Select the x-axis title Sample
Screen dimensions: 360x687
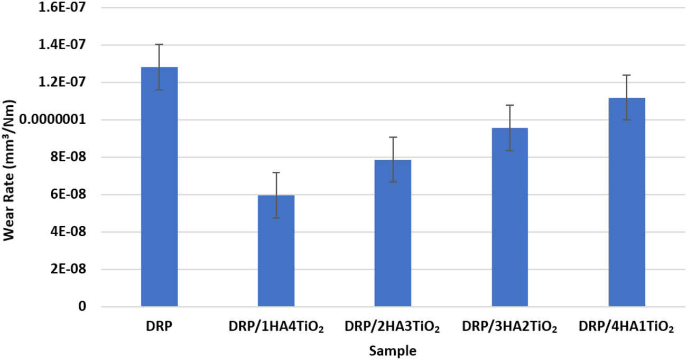tap(393, 350)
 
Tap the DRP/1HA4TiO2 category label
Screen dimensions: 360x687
tap(276, 328)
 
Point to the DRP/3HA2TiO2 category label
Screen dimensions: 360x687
tap(509, 328)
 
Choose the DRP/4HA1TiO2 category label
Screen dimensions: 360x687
tap(626, 328)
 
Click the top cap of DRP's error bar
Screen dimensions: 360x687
tap(159, 44)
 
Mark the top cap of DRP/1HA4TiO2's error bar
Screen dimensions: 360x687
tap(276, 172)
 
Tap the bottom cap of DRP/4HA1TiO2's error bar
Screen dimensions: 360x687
tap(626, 120)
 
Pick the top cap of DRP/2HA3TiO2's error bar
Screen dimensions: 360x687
tap(393, 137)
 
